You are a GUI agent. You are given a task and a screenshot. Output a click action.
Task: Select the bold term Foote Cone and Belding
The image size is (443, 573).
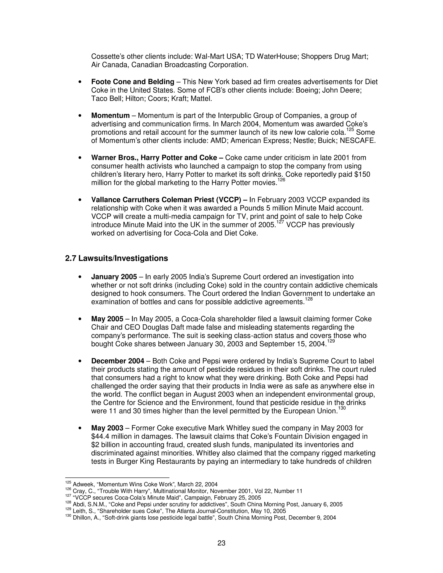(133, 82)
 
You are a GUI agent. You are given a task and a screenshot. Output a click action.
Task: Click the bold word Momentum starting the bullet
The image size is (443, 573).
(110, 115)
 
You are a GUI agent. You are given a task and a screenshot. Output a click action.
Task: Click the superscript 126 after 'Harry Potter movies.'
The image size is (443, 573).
(281, 180)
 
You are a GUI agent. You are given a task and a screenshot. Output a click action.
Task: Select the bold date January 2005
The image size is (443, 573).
(114, 277)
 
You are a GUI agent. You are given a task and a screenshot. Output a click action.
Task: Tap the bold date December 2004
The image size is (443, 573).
(118, 361)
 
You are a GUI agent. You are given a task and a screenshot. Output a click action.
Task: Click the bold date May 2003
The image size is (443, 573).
(107, 428)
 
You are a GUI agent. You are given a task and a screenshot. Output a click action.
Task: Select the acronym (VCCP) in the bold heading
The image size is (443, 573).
(228, 200)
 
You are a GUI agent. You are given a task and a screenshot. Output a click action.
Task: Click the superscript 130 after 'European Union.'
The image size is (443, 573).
(342, 408)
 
